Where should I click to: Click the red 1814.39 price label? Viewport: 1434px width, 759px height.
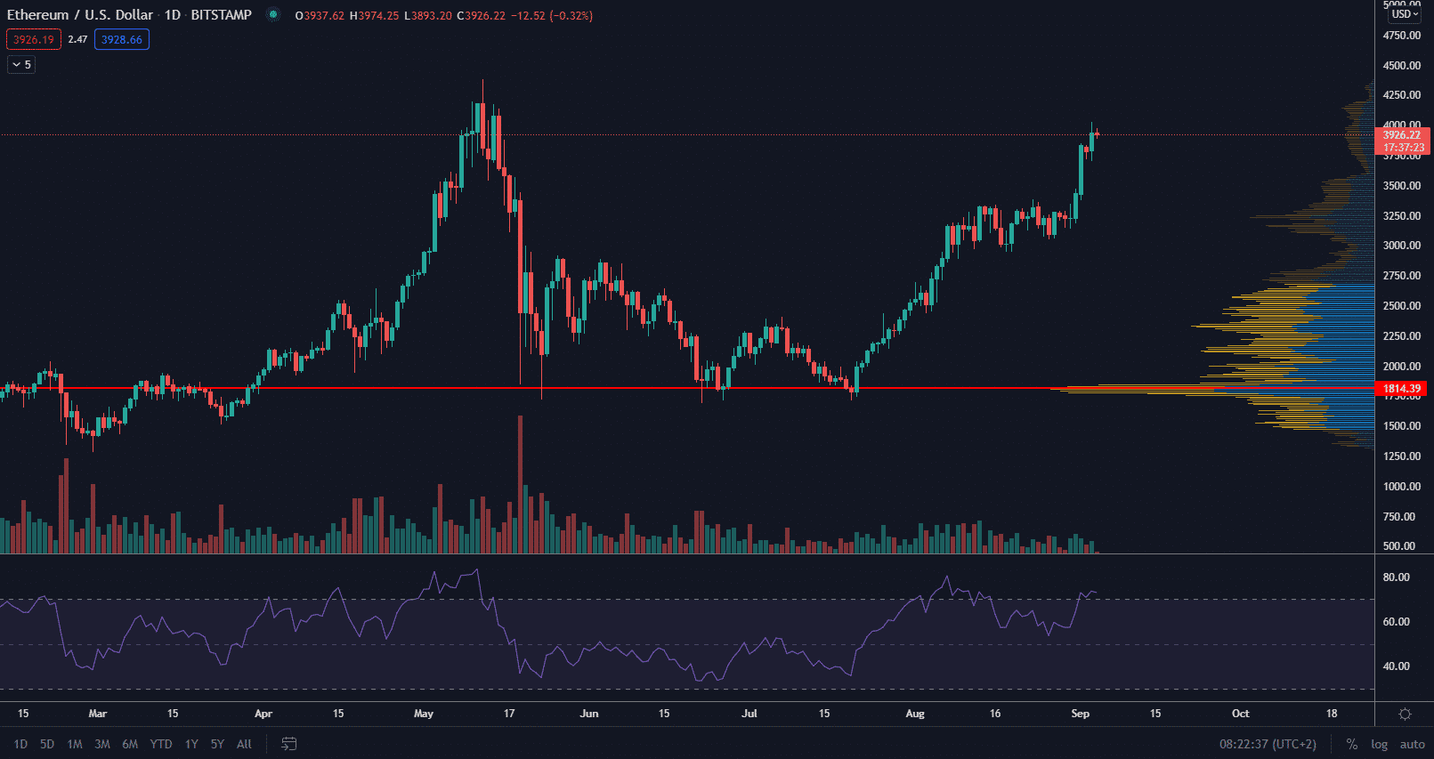(1402, 389)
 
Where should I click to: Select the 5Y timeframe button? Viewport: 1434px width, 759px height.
(217, 744)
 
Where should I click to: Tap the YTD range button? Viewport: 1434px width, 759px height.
(161, 744)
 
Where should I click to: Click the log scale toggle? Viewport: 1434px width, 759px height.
(1379, 744)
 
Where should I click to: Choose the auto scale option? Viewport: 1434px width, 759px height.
(1412, 744)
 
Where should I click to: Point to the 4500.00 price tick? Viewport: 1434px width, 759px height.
(1401, 65)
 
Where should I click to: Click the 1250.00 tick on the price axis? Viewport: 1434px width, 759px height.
(1401, 456)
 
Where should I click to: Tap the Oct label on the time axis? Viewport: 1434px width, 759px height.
(1240, 714)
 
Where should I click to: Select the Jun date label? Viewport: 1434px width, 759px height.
(589, 714)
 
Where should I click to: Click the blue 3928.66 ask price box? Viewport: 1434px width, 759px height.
(122, 40)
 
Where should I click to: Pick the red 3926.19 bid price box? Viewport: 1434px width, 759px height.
(34, 40)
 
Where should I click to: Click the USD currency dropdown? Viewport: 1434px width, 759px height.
(1405, 14)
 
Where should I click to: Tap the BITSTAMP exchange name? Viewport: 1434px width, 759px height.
(221, 15)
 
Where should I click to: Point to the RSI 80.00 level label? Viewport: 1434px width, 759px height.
(1396, 577)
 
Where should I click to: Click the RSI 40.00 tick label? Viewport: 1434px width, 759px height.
(1396, 666)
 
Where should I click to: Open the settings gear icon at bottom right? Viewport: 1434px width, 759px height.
(1405, 714)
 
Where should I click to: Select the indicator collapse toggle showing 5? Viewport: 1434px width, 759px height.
(21, 65)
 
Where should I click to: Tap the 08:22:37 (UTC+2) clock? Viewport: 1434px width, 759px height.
(1268, 744)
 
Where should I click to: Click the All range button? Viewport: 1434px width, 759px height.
(244, 744)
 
